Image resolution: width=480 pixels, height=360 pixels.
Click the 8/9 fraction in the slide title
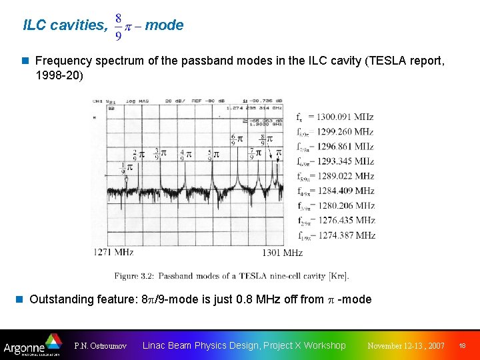(x=118, y=26)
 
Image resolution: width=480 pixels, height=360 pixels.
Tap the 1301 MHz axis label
(x=282, y=253)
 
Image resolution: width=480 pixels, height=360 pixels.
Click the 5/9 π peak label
(x=213, y=155)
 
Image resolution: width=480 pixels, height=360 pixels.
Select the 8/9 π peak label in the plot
(x=266, y=140)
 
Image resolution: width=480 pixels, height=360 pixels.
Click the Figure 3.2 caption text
(x=231, y=275)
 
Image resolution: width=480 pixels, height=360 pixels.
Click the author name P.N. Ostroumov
(x=101, y=346)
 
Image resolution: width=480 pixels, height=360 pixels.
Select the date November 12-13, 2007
(x=406, y=346)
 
